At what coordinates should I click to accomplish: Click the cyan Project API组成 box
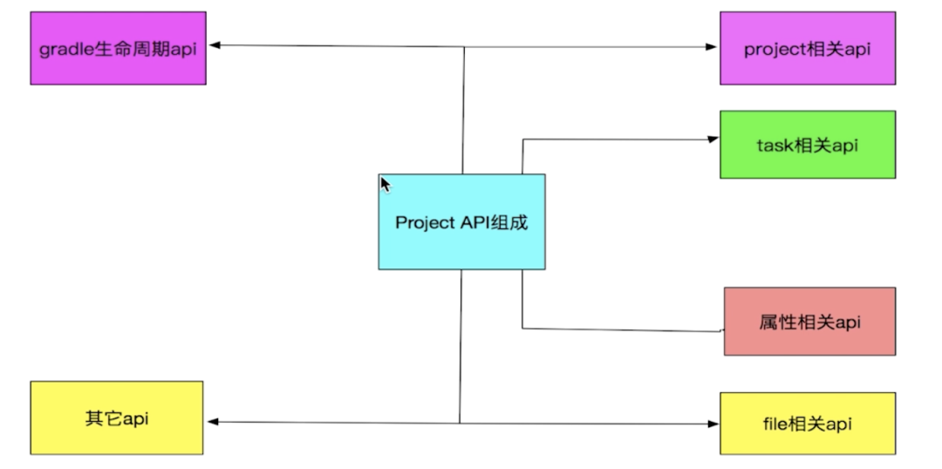click(x=461, y=221)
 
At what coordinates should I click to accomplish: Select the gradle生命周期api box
click(x=118, y=48)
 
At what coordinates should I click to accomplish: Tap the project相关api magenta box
click(x=807, y=48)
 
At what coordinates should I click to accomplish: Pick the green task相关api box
click(x=807, y=145)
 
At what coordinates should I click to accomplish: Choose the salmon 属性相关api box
click(x=809, y=322)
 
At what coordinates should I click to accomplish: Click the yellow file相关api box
click(x=807, y=424)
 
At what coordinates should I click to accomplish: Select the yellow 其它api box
click(x=117, y=418)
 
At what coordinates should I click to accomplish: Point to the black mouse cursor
click(x=385, y=184)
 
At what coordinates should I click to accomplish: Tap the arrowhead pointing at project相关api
click(x=713, y=47)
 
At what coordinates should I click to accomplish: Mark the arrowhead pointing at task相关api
click(x=713, y=139)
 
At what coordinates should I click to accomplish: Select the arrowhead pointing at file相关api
click(x=713, y=424)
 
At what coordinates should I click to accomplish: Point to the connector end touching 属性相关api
click(x=722, y=330)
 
